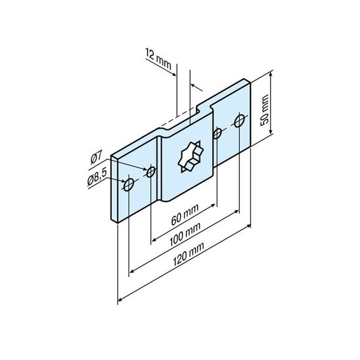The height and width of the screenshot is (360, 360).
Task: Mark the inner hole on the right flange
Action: pos(218,133)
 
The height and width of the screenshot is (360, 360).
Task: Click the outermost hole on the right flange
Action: pos(239,120)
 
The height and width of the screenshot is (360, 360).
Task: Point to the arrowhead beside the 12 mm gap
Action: pos(194,85)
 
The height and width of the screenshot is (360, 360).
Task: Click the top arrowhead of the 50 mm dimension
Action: pos(271,74)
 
